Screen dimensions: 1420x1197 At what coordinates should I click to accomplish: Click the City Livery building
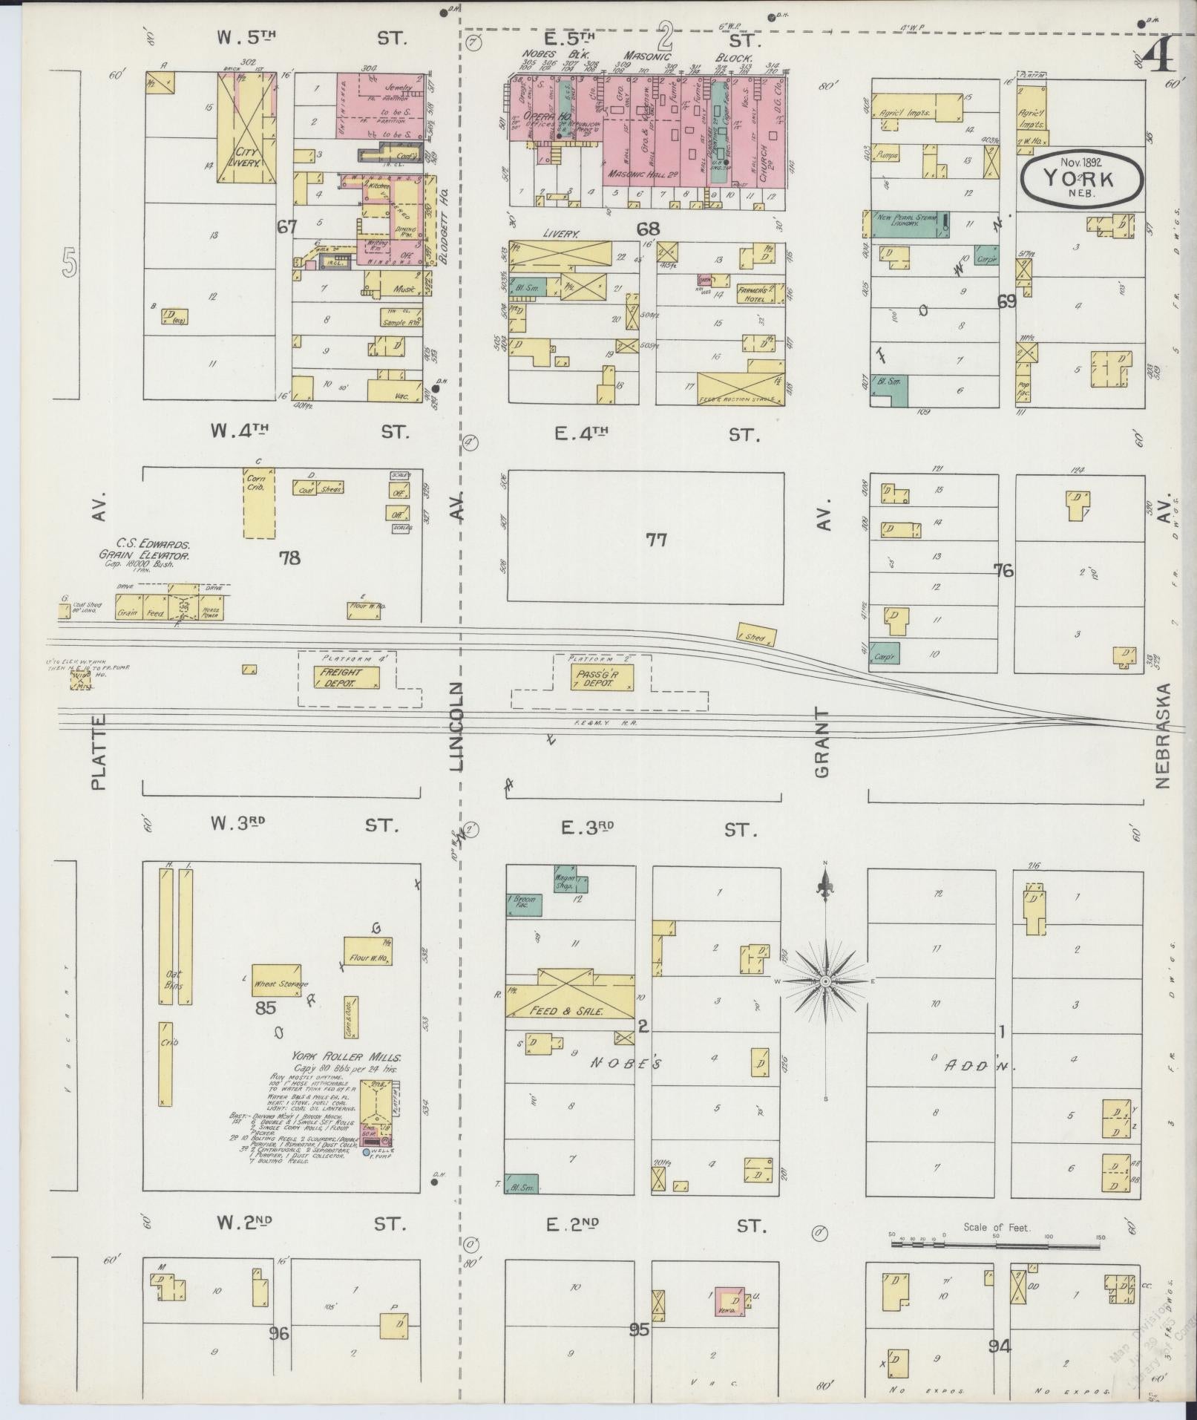247,130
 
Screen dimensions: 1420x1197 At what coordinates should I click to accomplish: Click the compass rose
824,981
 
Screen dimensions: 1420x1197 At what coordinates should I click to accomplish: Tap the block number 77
656,540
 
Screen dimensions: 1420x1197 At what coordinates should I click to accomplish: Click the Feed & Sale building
570,996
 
